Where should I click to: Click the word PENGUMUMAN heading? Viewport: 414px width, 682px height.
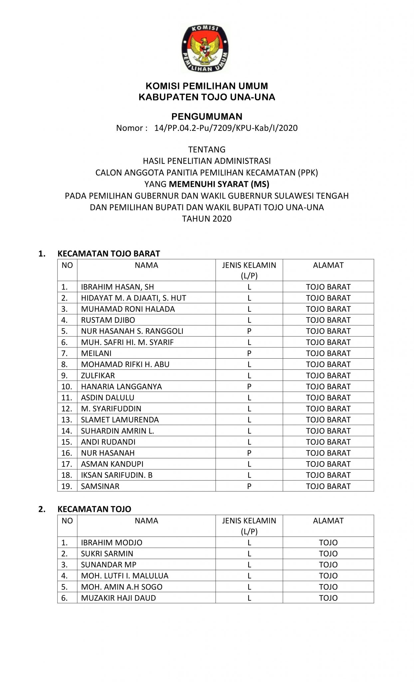[207, 117]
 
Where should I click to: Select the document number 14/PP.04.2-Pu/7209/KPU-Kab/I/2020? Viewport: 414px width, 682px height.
[226, 128]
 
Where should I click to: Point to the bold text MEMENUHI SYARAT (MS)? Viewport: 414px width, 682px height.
[219, 184]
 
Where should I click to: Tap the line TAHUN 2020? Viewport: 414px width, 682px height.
[207, 219]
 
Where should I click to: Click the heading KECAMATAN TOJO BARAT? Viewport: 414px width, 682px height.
[108, 254]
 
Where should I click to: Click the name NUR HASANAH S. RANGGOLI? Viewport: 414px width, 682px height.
[132, 331]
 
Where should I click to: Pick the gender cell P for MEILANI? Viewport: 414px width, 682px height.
[249, 353]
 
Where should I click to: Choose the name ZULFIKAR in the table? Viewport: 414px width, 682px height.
[98, 376]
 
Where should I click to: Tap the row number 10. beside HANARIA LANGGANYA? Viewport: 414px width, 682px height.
[67, 387]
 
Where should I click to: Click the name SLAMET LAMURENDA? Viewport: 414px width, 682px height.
[120, 420]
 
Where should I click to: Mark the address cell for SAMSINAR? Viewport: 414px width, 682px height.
[328, 486]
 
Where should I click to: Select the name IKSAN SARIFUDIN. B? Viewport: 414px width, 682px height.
[116, 475]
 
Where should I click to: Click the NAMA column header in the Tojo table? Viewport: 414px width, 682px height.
[146, 521]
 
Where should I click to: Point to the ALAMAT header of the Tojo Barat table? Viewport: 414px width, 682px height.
[328, 265]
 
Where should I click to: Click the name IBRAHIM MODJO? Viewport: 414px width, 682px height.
[111, 543]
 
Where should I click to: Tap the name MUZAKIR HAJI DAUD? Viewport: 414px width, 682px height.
[118, 598]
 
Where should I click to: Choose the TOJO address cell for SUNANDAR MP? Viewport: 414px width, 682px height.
[328, 565]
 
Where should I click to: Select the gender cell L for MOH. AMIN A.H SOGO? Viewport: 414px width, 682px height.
[249, 587]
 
